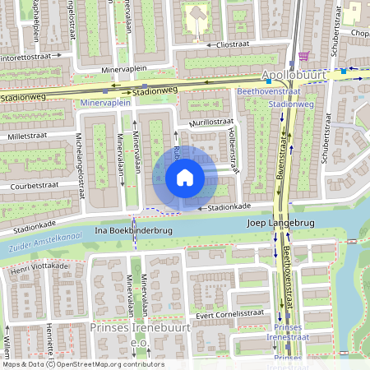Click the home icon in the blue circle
tap(185, 178)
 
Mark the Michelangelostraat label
tap(81, 161)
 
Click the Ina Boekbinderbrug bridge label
tap(134, 231)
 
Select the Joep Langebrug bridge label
tap(282, 223)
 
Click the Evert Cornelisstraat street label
tap(230, 313)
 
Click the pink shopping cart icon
tap(305, 57)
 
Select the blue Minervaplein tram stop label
tap(107, 104)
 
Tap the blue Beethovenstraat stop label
tap(268, 93)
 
